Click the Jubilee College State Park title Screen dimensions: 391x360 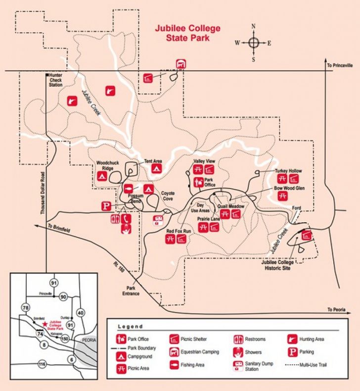tap(187, 33)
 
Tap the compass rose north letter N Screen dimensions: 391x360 tap(253, 26)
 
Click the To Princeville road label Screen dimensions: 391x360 tap(340, 65)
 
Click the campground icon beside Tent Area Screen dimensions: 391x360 tap(155, 169)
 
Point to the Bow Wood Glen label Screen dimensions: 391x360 tap(288, 188)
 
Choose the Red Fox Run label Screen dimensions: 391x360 tap(179, 231)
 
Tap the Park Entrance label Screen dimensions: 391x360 tap(131, 291)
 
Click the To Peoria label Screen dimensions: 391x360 tap(338, 310)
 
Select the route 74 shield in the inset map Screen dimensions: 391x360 tap(39, 335)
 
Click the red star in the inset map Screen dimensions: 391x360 tap(45, 323)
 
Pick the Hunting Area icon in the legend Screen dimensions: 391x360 tap(291, 340)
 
